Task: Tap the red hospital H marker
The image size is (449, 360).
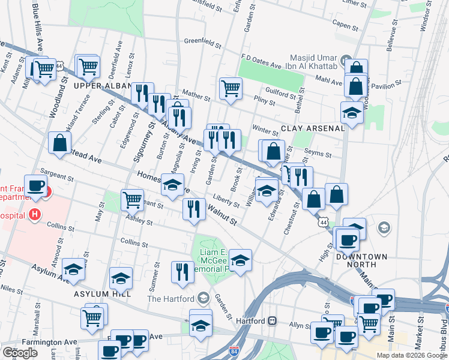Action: [x=35, y=214]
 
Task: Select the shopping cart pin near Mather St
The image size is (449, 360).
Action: [x=231, y=88]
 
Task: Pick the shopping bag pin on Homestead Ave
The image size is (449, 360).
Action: [x=60, y=143]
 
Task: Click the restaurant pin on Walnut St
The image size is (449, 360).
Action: [x=193, y=209]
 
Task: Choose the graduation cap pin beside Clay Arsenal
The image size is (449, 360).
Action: [x=352, y=112]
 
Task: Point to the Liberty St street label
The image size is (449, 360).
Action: [x=226, y=202]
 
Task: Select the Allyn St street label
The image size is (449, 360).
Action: [x=298, y=325]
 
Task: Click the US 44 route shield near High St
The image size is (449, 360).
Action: [x=324, y=223]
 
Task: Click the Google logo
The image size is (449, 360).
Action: [x=20, y=352]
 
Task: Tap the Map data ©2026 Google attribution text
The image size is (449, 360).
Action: [x=411, y=355]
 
